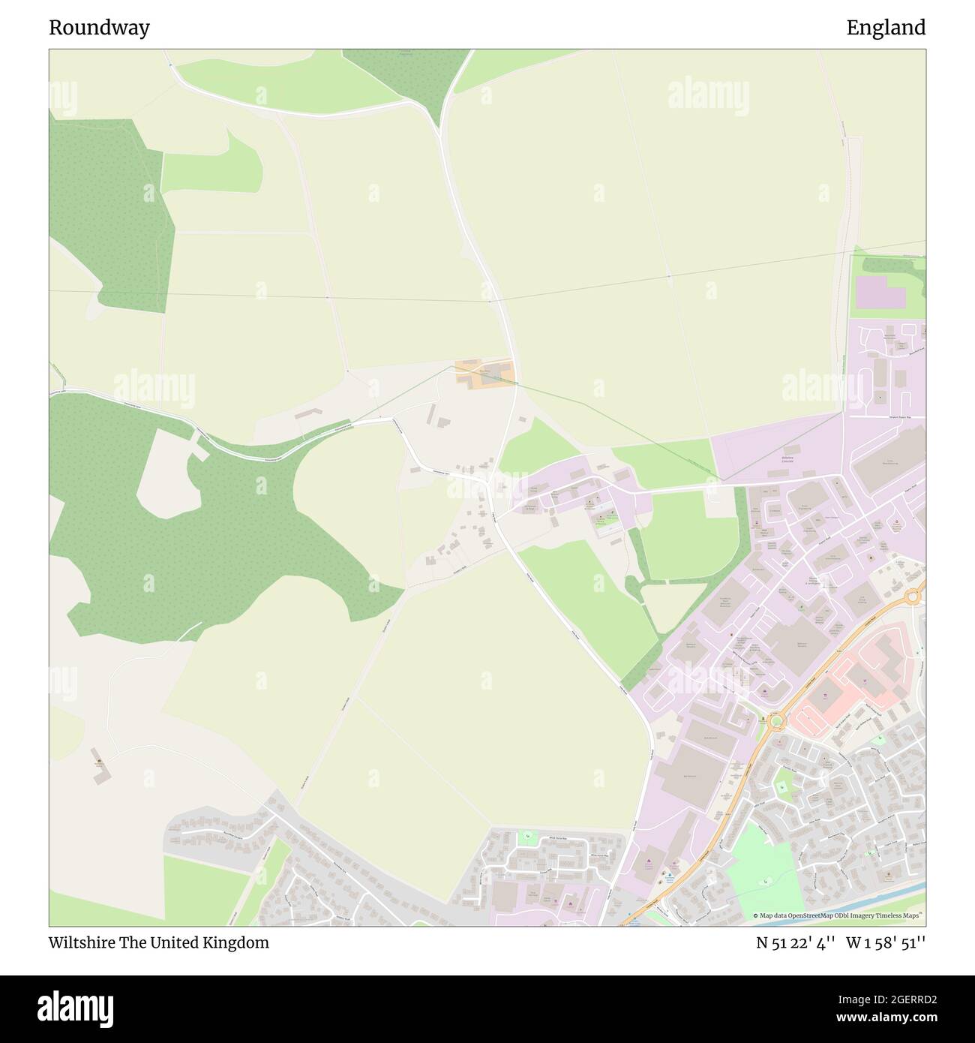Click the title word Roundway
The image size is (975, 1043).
pyautogui.click(x=99, y=28)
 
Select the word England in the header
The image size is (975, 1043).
pyautogui.click(x=886, y=28)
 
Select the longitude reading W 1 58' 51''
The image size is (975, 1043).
pyautogui.click(x=886, y=943)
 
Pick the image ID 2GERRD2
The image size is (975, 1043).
pyautogui.click(x=892, y=999)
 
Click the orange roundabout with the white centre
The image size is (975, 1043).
pyautogui.click(x=913, y=597)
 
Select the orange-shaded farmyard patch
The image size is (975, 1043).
pyautogui.click(x=484, y=374)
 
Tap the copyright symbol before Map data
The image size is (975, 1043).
pyautogui.click(x=755, y=915)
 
